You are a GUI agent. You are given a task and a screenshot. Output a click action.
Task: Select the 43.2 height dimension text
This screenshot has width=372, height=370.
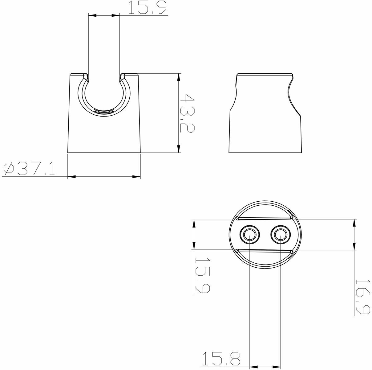tap(187, 113)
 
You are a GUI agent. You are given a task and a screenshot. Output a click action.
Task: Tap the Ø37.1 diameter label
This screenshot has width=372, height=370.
tap(29, 169)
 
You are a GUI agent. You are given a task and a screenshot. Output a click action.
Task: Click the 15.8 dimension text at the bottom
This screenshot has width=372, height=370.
tap(221, 358)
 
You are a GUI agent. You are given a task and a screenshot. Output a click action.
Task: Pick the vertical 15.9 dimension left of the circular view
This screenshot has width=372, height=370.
tap(203, 275)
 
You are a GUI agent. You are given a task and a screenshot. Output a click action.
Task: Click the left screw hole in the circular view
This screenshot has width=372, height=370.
tap(249, 235)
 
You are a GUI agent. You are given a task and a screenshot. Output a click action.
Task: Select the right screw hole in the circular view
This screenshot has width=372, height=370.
tap(281, 235)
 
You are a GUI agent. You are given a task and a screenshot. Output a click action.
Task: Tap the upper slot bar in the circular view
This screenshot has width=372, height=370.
tap(265, 218)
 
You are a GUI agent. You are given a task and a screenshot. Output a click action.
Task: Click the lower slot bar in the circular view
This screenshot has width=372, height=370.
tap(265, 251)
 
